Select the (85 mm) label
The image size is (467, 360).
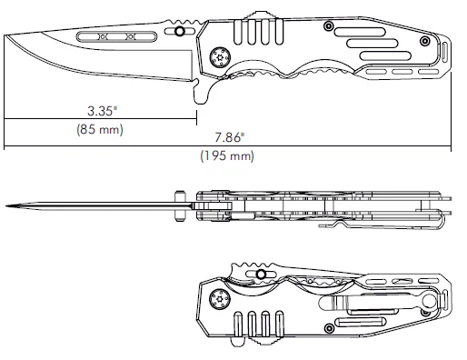[x=100, y=129]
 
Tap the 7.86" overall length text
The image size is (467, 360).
[x=229, y=138]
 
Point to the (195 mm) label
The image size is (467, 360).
[x=226, y=156]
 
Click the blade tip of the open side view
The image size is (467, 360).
[x=7, y=37]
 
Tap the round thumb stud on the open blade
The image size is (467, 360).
[x=180, y=32]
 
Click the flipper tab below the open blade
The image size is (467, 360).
[x=202, y=92]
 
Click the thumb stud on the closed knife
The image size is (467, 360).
[x=262, y=274]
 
